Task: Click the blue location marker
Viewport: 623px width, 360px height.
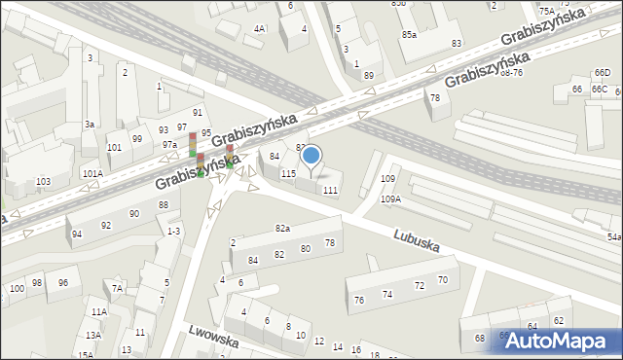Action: pyautogui.click(x=311, y=155)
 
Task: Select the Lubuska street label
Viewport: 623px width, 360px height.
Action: pyautogui.click(x=418, y=241)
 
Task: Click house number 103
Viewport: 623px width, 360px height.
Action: pyautogui.click(x=43, y=182)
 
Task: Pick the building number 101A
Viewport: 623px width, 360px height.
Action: pyautogui.click(x=92, y=174)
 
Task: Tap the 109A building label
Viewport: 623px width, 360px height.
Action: pyautogui.click(x=390, y=198)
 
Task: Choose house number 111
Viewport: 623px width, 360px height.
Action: pyautogui.click(x=331, y=190)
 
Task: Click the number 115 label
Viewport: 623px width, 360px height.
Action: pyautogui.click(x=288, y=173)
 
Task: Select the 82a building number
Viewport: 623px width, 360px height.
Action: pyautogui.click(x=282, y=228)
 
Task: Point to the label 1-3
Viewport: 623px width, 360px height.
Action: pyautogui.click(x=174, y=231)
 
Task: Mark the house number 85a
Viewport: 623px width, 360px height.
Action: pyautogui.click(x=410, y=35)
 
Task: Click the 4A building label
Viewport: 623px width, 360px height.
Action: pyautogui.click(x=259, y=29)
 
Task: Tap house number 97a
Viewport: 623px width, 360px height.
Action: pyautogui.click(x=169, y=144)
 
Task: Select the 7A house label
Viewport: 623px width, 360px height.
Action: pyautogui.click(x=117, y=288)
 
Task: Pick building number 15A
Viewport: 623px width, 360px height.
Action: pyautogui.click(x=86, y=355)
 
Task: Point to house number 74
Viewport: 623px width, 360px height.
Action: pyautogui.click(x=386, y=295)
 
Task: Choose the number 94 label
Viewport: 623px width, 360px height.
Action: pyautogui.click(x=77, y=234)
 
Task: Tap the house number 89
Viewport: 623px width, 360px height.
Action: pyautogui.click(x=368, y=75)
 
